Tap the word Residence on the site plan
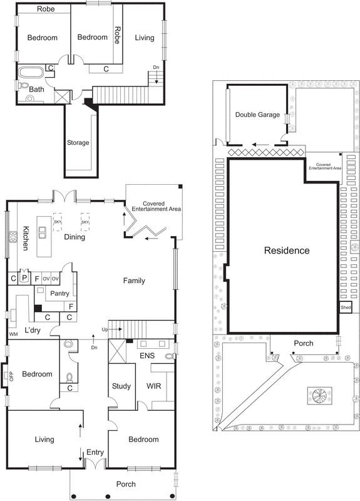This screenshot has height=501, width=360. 286,250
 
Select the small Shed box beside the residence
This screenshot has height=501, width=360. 346,307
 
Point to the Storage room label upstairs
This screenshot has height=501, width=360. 78,143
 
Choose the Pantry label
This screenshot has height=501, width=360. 58,292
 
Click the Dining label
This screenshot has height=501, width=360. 75,237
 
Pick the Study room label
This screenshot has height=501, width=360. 121,386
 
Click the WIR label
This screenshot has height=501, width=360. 154,386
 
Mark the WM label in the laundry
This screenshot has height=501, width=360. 13,335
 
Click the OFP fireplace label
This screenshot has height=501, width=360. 9,376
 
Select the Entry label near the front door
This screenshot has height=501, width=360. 95,452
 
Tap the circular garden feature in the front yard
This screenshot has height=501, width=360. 319,396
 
